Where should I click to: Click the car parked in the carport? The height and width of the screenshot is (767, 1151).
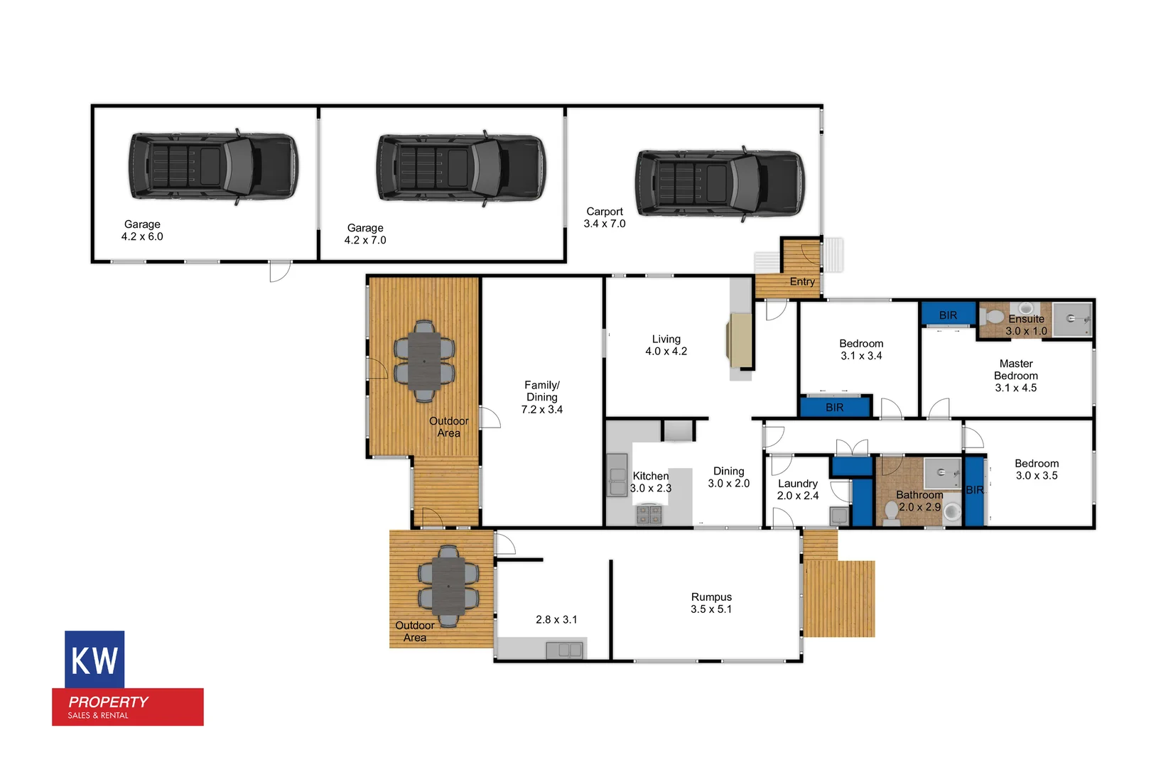[720, 183]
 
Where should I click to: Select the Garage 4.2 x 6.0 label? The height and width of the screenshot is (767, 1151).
[142, 231]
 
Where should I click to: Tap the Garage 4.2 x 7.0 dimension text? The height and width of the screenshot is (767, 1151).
[365, 240]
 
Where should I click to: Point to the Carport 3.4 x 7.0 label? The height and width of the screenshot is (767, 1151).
[605, 217]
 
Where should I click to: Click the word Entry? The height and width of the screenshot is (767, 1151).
[802, 282]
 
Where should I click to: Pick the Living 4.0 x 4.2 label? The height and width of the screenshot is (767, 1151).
[666, 345]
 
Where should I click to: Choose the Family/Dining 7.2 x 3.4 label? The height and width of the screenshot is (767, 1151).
[541, 397]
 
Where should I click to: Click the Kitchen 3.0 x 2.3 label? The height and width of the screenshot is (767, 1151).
[650, 482]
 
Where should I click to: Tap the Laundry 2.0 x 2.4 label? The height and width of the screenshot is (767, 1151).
[797, 489]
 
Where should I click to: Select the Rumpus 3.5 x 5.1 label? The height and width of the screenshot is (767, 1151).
[711, 603]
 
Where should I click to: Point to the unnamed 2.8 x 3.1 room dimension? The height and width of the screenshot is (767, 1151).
[556, 619]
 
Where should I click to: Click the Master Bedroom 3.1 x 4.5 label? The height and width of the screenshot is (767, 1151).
[1015, 376]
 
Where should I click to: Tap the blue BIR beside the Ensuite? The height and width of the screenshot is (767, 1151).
[948, 315]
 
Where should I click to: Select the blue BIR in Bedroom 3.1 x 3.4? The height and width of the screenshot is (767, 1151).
[834, 408]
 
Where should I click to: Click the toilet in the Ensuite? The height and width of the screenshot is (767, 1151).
[994, 316]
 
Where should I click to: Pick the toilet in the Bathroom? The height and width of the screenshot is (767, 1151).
[890, 511]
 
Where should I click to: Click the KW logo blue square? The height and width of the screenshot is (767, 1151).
[94, 659]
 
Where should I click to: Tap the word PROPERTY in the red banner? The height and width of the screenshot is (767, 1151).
[108, 702]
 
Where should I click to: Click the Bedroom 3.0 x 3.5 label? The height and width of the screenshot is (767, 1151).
[1036, 469]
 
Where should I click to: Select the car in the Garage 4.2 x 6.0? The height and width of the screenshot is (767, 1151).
[213, 166]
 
